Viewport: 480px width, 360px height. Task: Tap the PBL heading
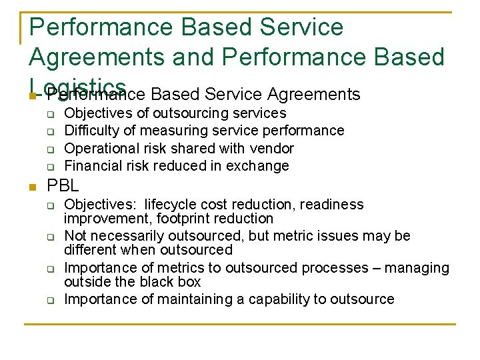point(63,185)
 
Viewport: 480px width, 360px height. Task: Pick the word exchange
point(263,165)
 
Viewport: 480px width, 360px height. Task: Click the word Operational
point(98,148)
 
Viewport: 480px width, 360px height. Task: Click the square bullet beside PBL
point(33,187)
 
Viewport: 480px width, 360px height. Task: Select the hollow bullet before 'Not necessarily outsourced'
point(50,237)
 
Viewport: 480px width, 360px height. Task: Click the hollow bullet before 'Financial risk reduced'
point(50,166)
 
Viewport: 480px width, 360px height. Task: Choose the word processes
point(323,268)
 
